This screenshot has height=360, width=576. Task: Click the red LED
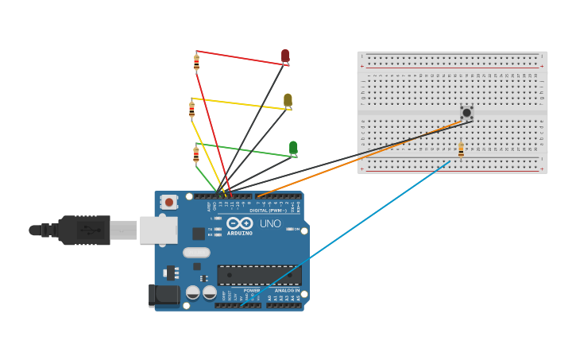pyautogui.click(x=285, y=56)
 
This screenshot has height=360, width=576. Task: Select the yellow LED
pyautogui.click(x=288, y=100)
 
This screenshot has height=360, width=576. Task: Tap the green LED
pyautogui.click(x=293, y=148)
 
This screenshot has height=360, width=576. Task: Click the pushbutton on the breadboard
pyautogui.click(x=466, y=113)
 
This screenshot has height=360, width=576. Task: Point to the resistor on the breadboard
pyautogui.click(x=461, y=149)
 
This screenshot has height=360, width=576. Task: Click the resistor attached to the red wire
pyautogui.click(x=196, y=62)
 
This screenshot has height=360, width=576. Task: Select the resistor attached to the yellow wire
pyautogui.click(x=191, y=109)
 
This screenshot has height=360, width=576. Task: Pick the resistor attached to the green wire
pyautogui.click(x=195, y=154)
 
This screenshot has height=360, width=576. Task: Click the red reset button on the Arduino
pyautogui.click(x=168, y=203)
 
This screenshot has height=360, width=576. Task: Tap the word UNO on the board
pyautogui.click(x=270, y=224)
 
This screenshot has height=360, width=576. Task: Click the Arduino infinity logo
pyautogui.click(x=239, y=223)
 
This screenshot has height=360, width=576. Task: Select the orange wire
pyautogui.click(x=358, y=158)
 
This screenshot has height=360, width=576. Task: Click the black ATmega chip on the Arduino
pyautogui.click(x=259, y=275)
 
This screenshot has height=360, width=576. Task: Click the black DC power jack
pyautogui.click(x=164, y=295)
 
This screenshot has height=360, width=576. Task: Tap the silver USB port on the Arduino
pyautogui.click(x=158, y=230)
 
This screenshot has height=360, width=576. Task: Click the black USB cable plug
pyautogui.click(x=83, y=230)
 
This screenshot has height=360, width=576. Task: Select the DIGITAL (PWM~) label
pyautogui.click(x=269, y=211)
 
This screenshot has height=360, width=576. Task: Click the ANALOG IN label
pyautogui.click(x=287, y=291)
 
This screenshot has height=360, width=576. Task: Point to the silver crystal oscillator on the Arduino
pyautogui.click(x=196, y=253)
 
